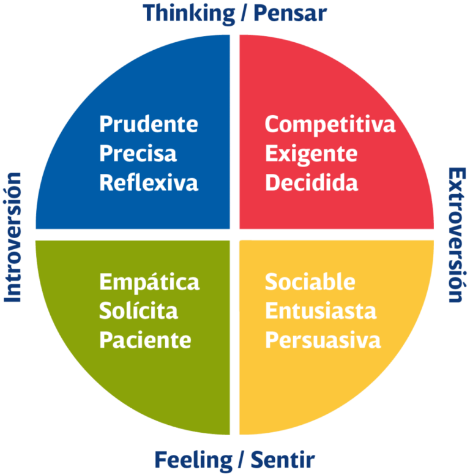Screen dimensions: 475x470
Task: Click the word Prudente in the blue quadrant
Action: [x=149, y=124]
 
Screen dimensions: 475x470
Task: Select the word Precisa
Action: [x=138, y=153]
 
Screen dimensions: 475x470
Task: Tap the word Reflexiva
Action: [x=149, y=182]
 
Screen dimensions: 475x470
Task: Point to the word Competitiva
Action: [x=330, y=124]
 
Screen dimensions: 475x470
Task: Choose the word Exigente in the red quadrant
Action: [x=311, y=154]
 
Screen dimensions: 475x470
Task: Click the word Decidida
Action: [x=311, y=182]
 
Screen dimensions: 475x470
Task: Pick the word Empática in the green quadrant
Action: [x=149, y=282]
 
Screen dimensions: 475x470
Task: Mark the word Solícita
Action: [x=138, y=310]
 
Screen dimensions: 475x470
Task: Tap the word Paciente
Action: [x=145, y=339]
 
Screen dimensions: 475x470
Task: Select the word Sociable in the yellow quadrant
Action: [x=310, y=282]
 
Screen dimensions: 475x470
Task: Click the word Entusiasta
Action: [x=320, y=310]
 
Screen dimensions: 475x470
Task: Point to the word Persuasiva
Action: [x=323, y=339]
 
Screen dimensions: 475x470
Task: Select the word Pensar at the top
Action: [x=290, y=12]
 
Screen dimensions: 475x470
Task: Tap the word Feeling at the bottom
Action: [x=193, y=459]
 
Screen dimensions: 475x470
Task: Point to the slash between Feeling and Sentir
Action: [x=242, y=459]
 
